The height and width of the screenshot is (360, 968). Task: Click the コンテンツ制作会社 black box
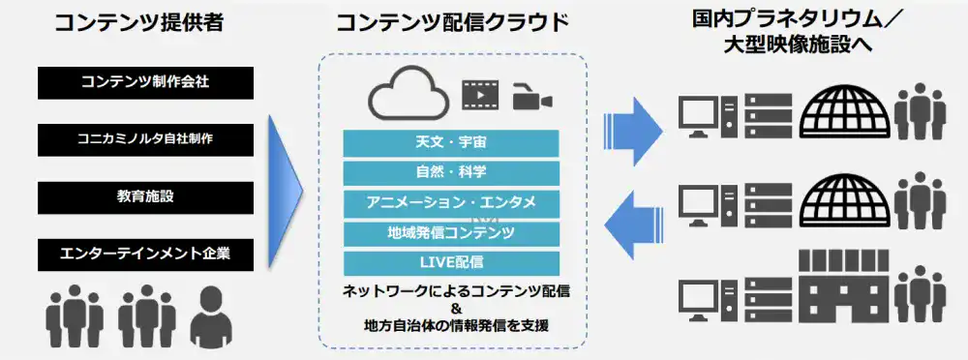(146, 83)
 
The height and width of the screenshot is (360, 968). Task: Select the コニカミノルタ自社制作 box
(146, 139)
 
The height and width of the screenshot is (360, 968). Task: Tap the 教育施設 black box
(146, 197)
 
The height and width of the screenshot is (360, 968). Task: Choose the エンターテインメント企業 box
(146, 255)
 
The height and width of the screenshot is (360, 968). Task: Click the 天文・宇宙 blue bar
(451, 142)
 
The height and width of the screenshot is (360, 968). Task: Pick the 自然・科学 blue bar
(451, 173)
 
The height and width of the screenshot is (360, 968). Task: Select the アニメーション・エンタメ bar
(451, 203)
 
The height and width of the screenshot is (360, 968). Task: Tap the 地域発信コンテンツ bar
(451, 233)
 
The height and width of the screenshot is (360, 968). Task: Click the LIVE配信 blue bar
(451, 263)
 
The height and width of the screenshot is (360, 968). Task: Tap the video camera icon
(532, 99)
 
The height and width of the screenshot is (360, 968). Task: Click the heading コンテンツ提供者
(139, 23)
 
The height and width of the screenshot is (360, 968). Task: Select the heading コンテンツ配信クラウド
(452, 23)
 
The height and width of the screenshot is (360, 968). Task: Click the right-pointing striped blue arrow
(633, 131)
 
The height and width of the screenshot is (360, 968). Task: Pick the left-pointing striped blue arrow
(633, 225)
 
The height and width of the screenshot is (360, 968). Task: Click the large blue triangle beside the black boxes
(286, 191)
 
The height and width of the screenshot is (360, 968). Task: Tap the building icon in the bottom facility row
(844, 285)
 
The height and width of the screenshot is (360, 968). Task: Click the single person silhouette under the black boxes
(211, 317)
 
